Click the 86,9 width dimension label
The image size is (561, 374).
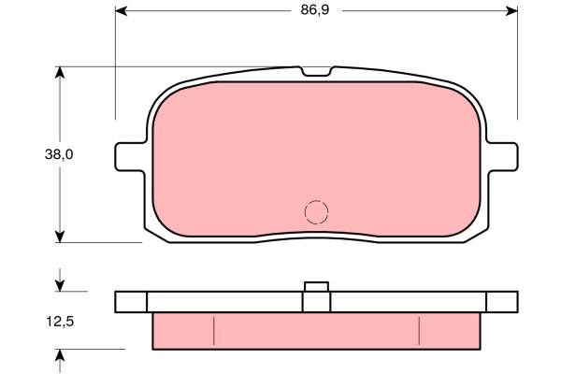(315, 10)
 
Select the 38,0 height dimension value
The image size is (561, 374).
(59, 154)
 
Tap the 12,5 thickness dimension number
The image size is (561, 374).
(60, 322)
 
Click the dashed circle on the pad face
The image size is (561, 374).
(316, 212)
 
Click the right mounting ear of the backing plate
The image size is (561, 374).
(502, 157)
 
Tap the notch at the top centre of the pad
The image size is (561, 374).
(316, 72)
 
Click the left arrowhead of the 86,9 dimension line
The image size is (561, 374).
(121, 10)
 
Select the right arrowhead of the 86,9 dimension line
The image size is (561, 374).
(511, 10)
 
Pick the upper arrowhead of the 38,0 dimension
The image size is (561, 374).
(60, 73)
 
